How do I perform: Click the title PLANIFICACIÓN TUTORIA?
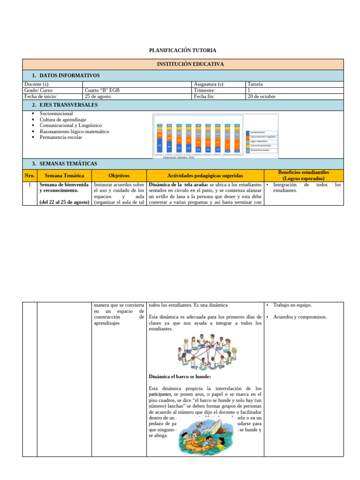pyautogui.click(x=182, y=50)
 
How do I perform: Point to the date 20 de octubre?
pyautogui.click(x=261, y=97)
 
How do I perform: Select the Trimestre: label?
pyautogui.click(x=204, y=90)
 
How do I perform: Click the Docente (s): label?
pyautogui.click(x=37, y=84)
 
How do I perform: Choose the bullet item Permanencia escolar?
pyautogui.click(x=61, y=137)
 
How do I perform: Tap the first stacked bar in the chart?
pyautogui.click(x=160, y=138)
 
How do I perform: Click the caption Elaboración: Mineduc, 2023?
pyautogui.click(x=178, y=158)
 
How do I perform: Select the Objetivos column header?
pyautogui.click(x=119, y=175)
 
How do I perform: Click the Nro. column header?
pyautogui.click(x=29, y=175)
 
